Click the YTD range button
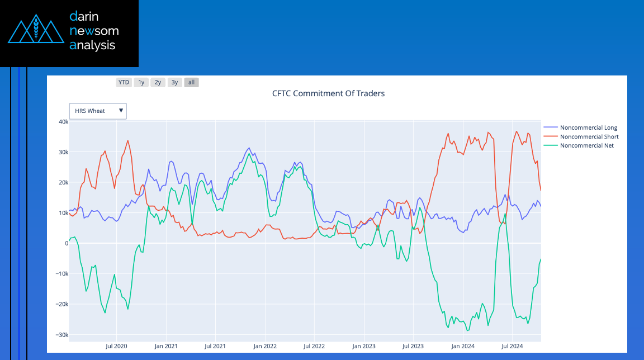124,82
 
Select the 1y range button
141,82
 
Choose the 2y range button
158,82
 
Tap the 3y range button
175,82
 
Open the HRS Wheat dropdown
98,111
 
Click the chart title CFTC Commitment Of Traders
328,93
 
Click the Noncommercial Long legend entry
588,128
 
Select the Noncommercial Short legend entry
589,136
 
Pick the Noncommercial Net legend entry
586,145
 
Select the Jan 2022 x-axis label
265,346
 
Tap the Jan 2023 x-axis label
364,346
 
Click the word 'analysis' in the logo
92,46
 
